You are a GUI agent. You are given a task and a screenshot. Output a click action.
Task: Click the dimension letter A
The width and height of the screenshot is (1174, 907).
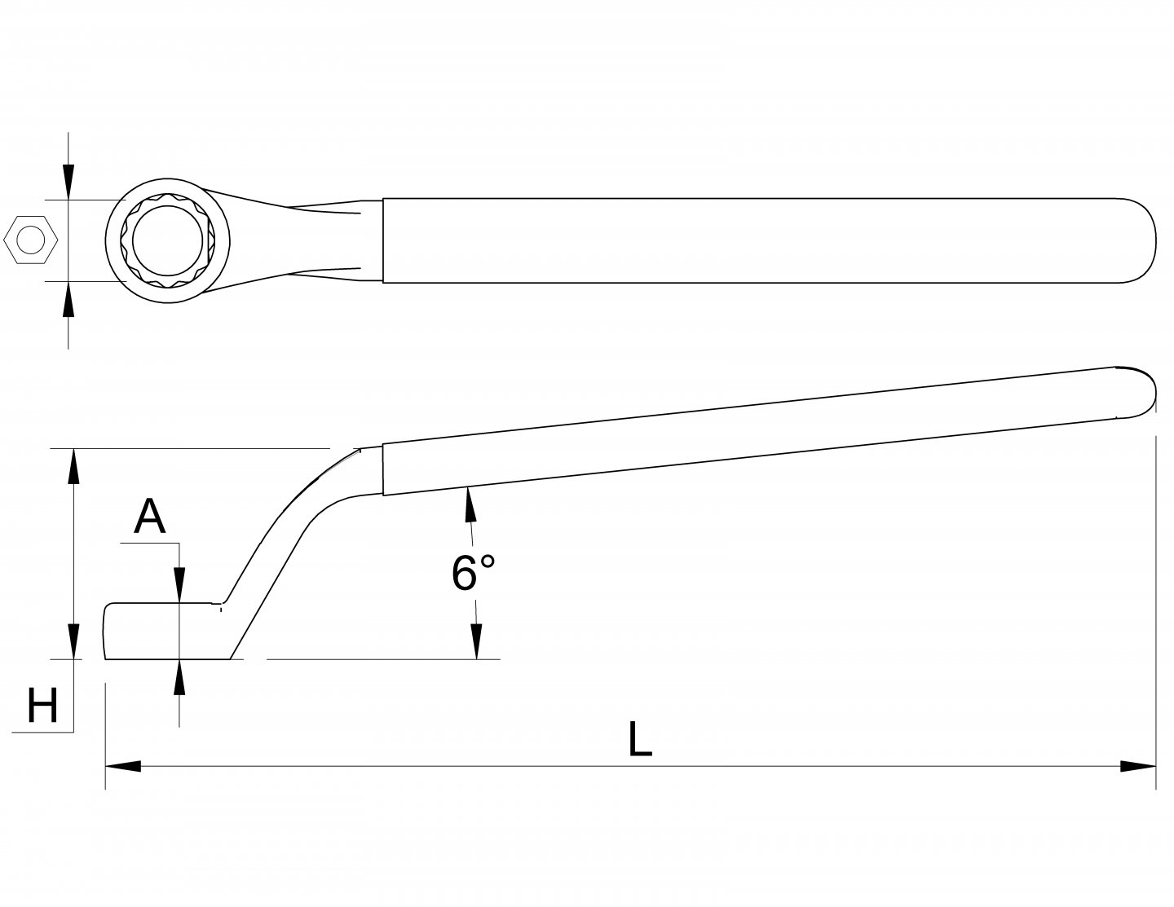coord(149,516)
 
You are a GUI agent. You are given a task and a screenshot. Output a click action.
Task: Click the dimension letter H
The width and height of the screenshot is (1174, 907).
coord(42,706)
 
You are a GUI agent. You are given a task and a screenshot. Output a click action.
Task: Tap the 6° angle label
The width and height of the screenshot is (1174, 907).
coord(473,572)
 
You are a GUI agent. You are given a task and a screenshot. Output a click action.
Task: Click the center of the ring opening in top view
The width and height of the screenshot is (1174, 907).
coord(167,241)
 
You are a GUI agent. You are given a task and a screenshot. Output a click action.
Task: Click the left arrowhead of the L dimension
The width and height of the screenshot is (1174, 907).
coord(122,766)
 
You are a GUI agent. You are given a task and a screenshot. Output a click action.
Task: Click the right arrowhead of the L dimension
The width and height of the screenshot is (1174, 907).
coord(1138,766)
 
